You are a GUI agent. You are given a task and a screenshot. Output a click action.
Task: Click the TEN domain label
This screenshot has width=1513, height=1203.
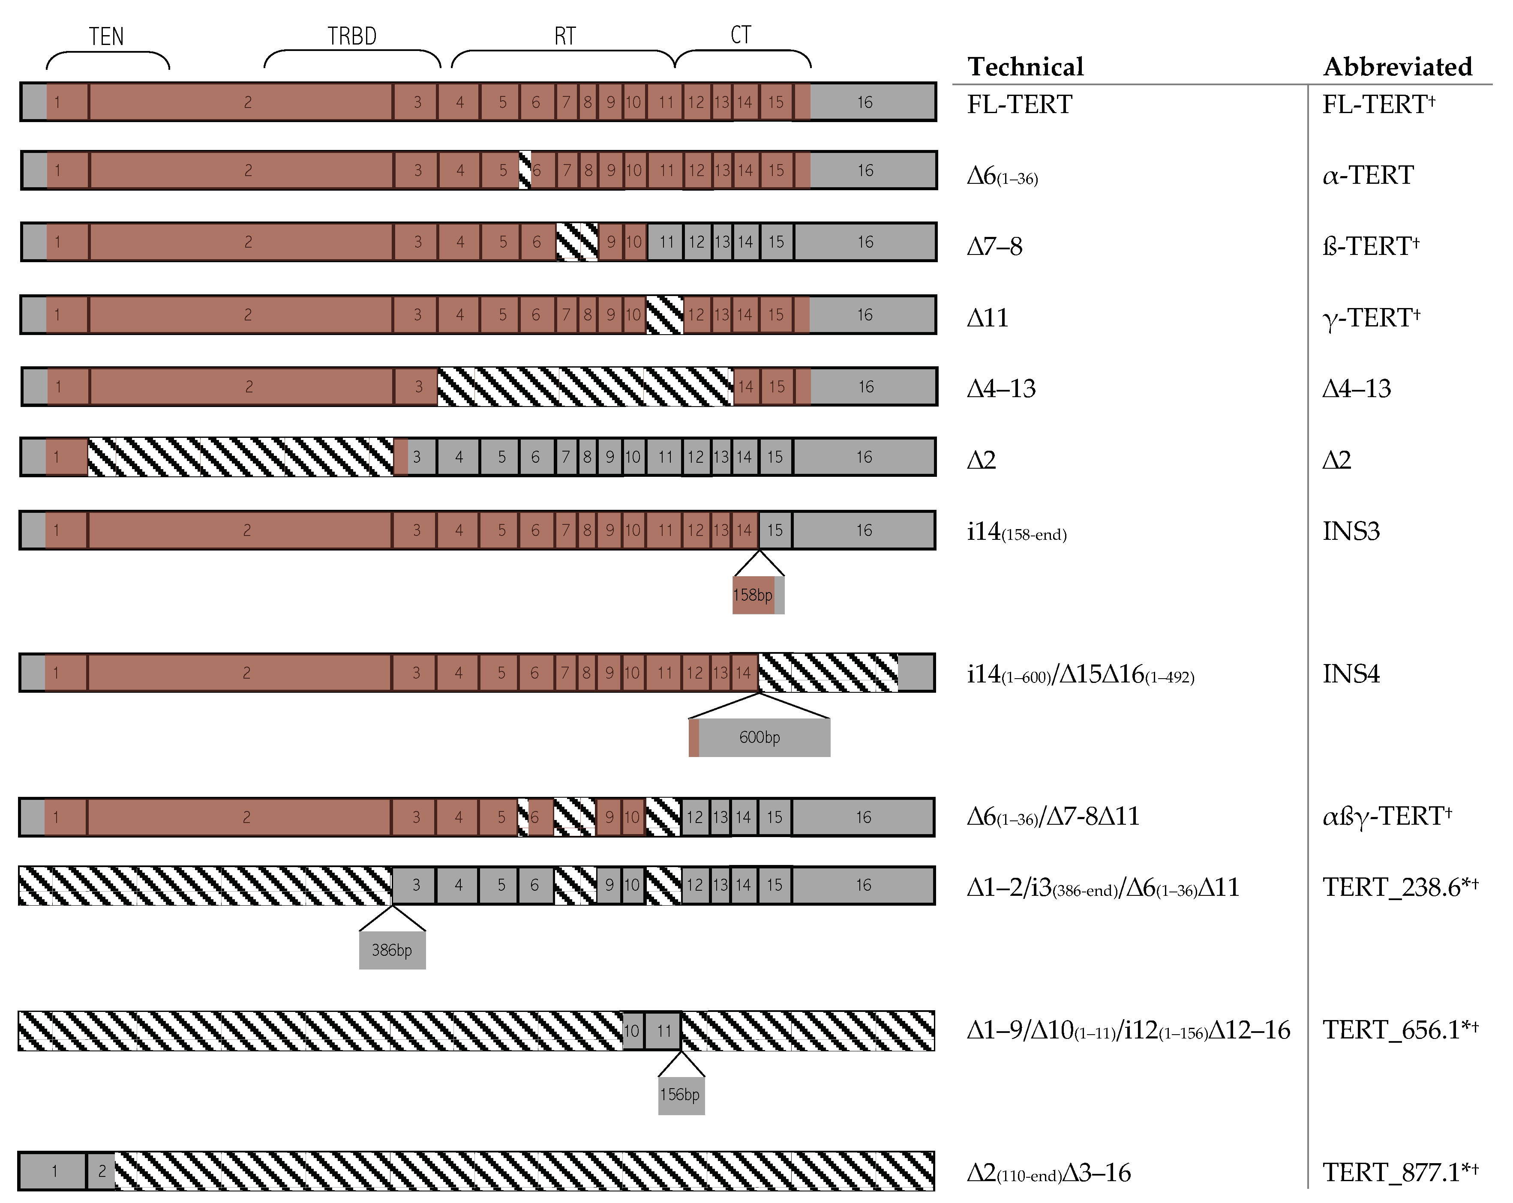[106, 36]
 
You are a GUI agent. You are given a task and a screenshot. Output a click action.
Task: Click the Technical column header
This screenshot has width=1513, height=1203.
[1025, 67]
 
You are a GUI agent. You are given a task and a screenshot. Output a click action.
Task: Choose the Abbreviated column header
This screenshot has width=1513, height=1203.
[1397, 67]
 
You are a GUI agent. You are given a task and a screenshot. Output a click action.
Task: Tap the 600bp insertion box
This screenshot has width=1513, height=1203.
[760, 737]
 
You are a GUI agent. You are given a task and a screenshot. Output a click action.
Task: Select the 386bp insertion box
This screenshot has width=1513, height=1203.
[392, 950]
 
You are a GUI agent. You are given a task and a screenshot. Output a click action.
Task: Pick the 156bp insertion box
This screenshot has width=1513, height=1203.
[681, 1094]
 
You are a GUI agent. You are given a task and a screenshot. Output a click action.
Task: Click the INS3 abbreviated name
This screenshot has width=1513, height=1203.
[1351, 531]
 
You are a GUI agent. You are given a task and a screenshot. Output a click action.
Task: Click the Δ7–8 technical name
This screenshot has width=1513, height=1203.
[994, 246]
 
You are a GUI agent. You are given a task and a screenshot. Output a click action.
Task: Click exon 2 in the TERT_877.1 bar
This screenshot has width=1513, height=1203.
[102, 1171]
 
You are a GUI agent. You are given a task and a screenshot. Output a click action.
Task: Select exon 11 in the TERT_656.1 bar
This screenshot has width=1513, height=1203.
[664, 1030]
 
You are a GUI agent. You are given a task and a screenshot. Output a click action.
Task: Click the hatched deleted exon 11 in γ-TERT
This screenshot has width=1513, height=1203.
[664, 315]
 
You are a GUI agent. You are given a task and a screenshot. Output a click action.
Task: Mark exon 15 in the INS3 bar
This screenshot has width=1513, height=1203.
[775, 530]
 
